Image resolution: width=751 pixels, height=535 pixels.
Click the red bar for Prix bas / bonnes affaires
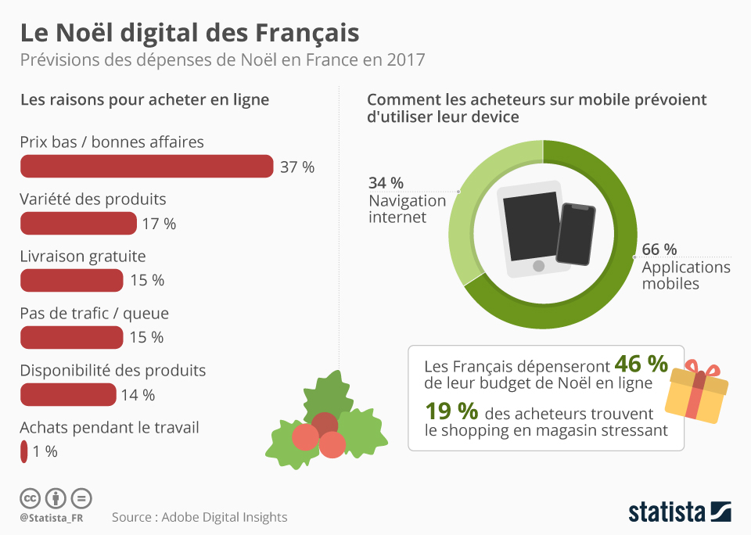[146, 167]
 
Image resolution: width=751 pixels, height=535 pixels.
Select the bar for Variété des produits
[78, 224]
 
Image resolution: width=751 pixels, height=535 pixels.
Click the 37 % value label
[297, 167]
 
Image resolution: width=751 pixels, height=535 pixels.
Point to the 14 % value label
[138, 395]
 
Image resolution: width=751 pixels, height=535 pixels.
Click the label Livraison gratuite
[82, 257]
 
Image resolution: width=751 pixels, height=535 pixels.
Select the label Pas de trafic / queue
[94, 314]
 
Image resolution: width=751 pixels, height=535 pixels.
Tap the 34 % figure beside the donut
[386, 183]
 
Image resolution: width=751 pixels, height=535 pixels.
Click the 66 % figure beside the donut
[659, 250]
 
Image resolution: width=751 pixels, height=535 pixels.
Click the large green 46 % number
[641, 364]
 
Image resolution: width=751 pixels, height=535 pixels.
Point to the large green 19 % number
[451, 411]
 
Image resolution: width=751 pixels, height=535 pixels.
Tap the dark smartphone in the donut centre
[576, 234]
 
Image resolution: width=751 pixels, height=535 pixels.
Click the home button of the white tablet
[538, 267]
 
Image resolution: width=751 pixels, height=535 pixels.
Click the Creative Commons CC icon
[30, 497]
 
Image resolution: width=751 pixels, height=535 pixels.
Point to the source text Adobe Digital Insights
[199, 517]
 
